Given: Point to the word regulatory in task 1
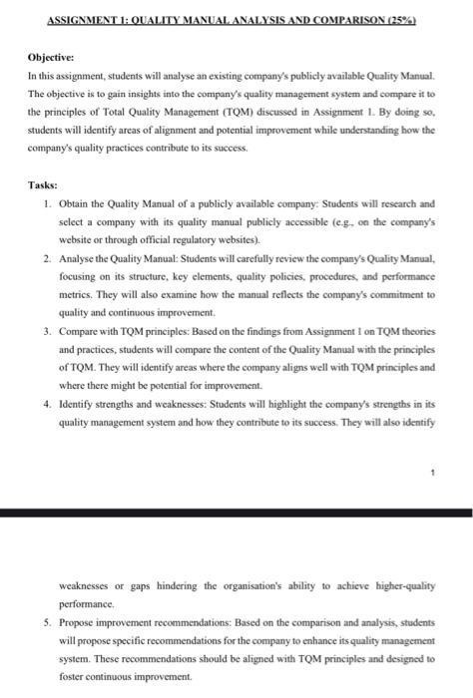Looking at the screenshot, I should pos(226,241).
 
